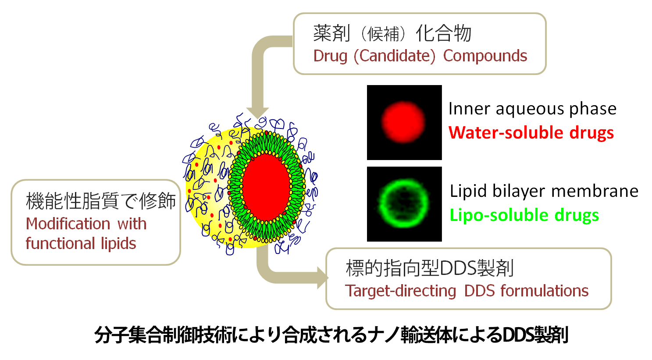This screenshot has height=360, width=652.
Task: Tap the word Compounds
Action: point(485,56)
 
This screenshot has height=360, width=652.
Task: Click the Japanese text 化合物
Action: point(443,33)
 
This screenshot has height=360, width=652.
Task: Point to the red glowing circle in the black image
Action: point(403,122)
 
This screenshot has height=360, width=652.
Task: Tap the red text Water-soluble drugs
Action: point(531,133)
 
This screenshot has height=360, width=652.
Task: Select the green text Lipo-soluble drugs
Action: point(524,215)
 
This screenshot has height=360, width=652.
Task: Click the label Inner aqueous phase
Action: point(532,109)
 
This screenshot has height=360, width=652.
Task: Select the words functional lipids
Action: point(81,243)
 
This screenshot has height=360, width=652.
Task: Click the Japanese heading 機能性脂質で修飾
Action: point(101,201)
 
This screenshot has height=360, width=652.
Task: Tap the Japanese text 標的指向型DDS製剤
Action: point(430,268)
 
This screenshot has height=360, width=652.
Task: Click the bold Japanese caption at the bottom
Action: point(331,335)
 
